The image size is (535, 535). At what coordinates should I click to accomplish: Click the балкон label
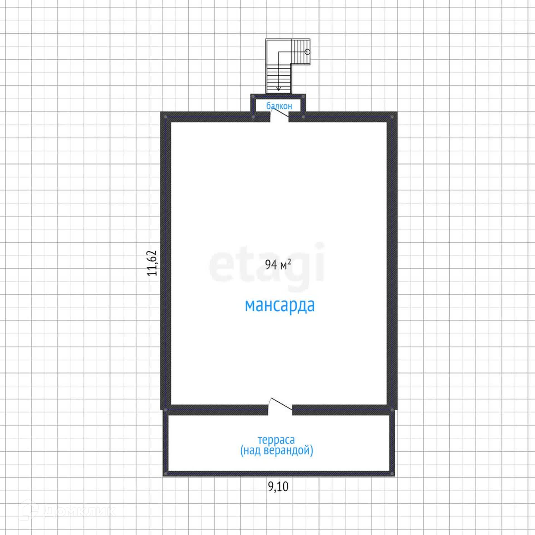tap(279, 106)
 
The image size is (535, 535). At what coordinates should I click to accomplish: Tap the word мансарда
tap(280, 306)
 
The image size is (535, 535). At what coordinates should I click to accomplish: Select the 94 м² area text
tap(278, 264)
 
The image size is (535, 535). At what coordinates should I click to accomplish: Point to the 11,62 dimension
tap(152, 263)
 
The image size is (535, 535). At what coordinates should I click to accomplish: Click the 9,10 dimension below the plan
tap(278, 487)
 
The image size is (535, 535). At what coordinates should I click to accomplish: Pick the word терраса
tap(276, 440)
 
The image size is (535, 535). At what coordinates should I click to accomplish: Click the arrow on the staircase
tap(278, 88)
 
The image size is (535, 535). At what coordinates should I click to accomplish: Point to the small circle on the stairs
tap(307, 52)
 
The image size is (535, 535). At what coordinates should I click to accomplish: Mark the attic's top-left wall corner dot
tap(166, 117)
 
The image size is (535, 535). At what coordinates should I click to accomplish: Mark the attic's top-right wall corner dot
tap(392, 117)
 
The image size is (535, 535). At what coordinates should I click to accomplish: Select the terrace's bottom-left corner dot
tap(166, 474)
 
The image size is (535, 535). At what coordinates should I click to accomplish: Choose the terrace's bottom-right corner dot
tap(392, 474)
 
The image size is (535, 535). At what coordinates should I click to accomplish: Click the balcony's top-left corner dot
tap(253, 96)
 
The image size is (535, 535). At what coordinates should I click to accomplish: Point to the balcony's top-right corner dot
tap(303, 96)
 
